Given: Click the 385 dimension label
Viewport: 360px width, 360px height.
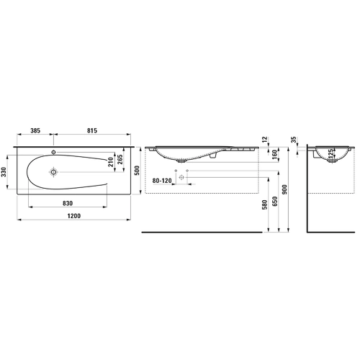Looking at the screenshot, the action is click(x=35, y=131).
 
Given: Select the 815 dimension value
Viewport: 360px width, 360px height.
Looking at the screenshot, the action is click(x=92, y=131).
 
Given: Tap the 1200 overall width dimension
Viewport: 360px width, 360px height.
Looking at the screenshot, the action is click(x=74, y=216).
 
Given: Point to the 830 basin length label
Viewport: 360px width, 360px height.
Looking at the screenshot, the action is click(x=68, y=204).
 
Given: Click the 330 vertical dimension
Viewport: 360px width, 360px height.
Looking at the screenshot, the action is click(x=4, y=172).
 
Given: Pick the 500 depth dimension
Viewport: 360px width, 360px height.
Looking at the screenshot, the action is click(x=137, y=171).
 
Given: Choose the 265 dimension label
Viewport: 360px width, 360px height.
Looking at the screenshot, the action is click(x=120, y=159).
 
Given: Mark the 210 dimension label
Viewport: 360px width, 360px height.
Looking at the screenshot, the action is click(x=110, y=162).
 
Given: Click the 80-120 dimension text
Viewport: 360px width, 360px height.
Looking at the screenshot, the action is click(x=162, y=181).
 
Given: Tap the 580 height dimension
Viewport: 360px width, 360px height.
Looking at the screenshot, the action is click(x=265, y=204).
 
